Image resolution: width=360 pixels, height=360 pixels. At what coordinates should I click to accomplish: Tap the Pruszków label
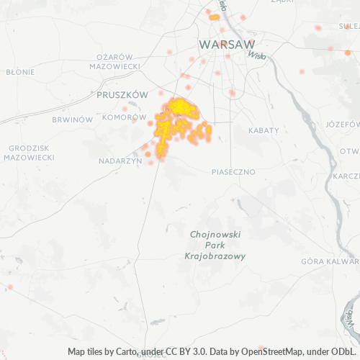(122, 94)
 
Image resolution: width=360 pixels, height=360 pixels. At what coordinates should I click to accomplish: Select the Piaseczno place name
(234, 172)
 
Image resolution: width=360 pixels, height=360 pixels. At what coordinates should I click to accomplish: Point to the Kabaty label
(262, 130)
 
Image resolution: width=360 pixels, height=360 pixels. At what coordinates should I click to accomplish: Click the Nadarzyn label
(120, 161)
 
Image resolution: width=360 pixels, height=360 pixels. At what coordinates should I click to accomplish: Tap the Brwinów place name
(74, 119)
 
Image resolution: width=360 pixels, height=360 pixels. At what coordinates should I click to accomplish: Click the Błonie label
(20, 72)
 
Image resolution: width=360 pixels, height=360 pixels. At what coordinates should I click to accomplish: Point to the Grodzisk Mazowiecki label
(29, 152)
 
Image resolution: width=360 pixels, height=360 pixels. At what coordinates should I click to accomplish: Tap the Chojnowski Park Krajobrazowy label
(215, 245)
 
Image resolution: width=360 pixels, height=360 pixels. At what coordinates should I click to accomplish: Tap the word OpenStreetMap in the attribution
(242, 352)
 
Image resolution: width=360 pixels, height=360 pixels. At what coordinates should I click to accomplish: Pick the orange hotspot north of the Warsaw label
(215, 17)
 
